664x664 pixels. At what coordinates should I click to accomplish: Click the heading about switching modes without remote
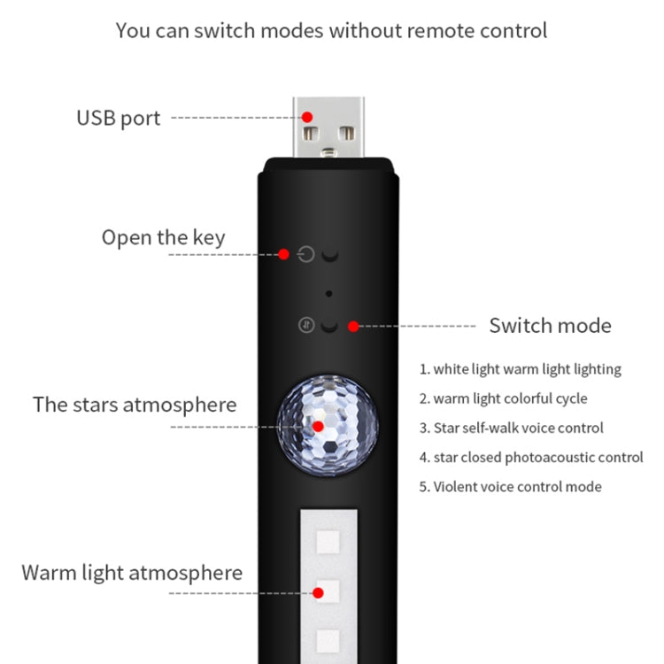point(331,30)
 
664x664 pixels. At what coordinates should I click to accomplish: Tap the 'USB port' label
point(118,118)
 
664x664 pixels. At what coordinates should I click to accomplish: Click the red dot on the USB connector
point(307,117)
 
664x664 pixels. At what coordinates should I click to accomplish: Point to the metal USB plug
point(328,127)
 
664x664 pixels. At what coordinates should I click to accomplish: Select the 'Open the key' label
point(163,237)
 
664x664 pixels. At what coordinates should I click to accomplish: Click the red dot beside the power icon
point(283,254)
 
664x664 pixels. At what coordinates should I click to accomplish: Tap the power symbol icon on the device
point(306,255)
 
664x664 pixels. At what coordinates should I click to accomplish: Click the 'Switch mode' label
point(550,325)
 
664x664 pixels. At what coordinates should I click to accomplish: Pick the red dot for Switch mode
point(353,326)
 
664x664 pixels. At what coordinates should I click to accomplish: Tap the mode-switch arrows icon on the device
point(306,325)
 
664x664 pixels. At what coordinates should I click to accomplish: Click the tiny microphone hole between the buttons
point(328,293)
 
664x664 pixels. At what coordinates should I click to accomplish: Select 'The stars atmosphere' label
point(135,405)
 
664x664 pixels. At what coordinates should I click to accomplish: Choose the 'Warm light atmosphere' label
point(132,572)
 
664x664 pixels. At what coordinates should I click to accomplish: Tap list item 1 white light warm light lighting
point(520,369)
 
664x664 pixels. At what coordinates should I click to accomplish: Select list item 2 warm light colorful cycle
point(503,398)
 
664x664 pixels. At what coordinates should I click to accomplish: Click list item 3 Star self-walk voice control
point(511,428)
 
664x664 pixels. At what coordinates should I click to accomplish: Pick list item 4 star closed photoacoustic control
point(530,457)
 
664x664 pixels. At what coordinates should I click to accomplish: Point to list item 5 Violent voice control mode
point(510,486)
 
